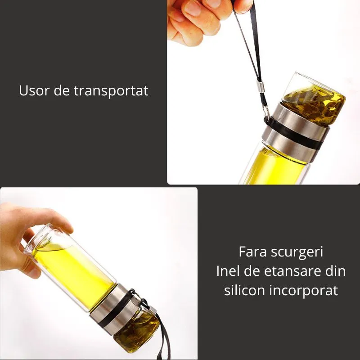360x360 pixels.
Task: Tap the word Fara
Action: coord(254,252)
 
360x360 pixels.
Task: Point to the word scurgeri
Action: coord(297,252)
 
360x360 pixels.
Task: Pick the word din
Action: coord(334,271)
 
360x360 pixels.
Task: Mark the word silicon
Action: coord(245,290)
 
